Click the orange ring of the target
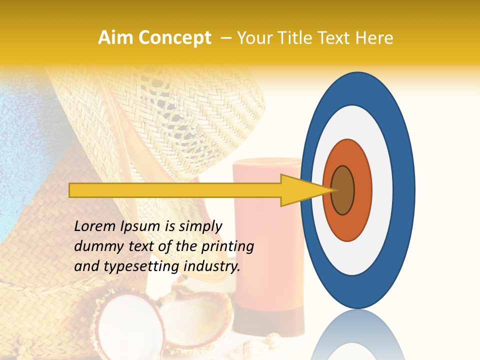(x=362, y=190)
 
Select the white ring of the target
(x=382, y=190)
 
